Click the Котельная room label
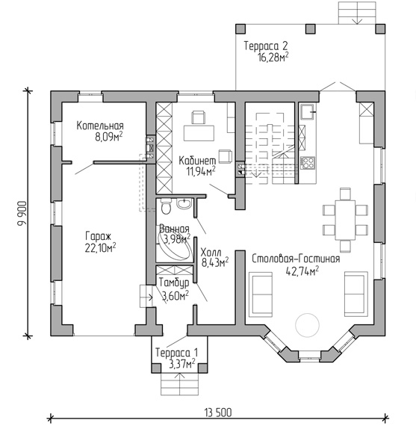click(x=100, y=126)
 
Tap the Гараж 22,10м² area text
click(x=100, y=248)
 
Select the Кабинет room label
click(x=197, y=161)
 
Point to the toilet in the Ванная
click(x=166, y=206)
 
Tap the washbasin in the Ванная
click(x=184, y=203)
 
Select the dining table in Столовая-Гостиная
click(x=345, y=220)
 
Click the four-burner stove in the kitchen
click(x=308, y=162)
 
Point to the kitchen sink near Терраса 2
click(x=308, y=111)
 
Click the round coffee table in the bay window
click(x=307, y=325)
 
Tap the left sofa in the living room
click(x=261, y=294)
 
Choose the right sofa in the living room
click(x=356, y=294)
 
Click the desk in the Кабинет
click(x=199, y=133)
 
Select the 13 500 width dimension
click(x=218, y=413)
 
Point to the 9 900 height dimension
click(x=22, y=214)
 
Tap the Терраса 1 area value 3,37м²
click(x=182, y=364)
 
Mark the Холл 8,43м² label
click(x=215, y=257)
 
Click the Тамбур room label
click(x=174, y=283)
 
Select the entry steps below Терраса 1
click(x=179, y=384)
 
